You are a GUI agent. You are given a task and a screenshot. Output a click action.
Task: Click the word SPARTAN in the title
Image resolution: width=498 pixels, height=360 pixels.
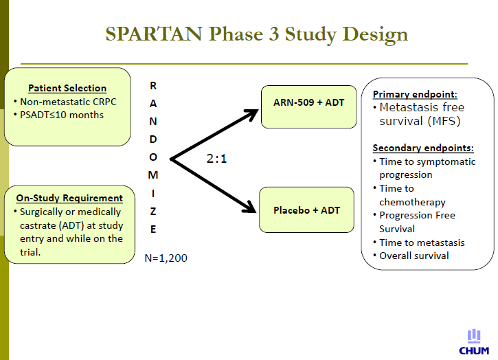tap(154, 34)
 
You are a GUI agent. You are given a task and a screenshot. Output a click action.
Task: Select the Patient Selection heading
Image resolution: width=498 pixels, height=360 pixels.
tap(67, 88)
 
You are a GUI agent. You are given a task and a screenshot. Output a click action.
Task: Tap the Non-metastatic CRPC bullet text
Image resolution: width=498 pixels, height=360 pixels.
tap(68, 102)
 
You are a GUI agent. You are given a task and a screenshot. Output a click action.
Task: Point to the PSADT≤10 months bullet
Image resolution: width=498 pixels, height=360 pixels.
tap(62, 115)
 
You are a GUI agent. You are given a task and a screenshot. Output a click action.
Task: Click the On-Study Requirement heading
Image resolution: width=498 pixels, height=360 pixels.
tap(69, 198)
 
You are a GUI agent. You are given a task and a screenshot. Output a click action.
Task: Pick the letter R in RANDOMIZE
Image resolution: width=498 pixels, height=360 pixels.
tap(153, 86)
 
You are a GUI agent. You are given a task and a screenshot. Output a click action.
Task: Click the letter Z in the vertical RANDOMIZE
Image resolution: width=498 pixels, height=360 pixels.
tap(153, 212)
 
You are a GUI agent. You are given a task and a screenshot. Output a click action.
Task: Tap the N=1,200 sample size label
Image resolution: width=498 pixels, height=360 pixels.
tap(166, 258)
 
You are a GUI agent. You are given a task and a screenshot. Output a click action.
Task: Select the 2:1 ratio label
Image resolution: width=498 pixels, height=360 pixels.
tap(216, 159)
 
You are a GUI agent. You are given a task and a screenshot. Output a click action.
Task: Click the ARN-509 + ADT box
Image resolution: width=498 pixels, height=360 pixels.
tap(308, 106)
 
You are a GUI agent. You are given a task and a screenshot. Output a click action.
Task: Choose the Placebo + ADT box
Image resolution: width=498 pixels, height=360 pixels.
tap(306, 210)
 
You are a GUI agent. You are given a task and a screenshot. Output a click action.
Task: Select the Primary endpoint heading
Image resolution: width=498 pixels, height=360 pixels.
tap(415, 94)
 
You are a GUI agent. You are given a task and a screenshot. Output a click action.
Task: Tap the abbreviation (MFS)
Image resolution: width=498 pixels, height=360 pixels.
tap(444, 121)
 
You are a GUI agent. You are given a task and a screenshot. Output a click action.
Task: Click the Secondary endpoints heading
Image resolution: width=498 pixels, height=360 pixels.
tap(423, 148)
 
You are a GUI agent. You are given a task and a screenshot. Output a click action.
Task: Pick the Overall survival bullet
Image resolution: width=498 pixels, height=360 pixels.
tap(414, 256)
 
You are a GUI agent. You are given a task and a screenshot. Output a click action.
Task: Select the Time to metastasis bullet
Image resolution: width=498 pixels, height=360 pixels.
tap(422, 243)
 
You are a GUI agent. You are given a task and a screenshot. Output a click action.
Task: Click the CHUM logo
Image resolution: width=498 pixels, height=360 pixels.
tap(474, 342)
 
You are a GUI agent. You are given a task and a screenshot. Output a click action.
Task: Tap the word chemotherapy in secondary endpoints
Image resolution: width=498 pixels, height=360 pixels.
tap(412, 202)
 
